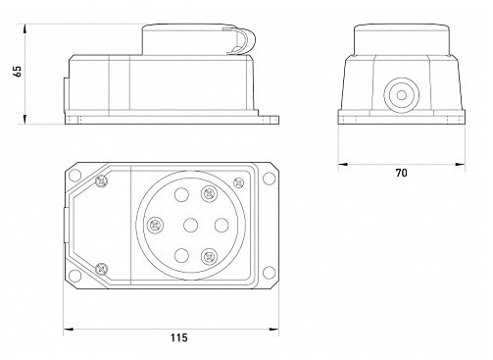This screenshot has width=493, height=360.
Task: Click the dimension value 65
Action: [18, 72]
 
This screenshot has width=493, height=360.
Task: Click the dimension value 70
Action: [402, 173]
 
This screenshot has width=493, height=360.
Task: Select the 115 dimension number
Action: [179, 337]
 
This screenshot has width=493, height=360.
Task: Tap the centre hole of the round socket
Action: [190, 226]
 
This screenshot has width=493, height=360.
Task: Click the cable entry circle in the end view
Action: [402, 95]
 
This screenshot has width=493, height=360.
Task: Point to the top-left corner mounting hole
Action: [74, 176]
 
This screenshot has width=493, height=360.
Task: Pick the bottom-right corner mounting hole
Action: [270, 273]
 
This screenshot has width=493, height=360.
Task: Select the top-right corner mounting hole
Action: [270, 179]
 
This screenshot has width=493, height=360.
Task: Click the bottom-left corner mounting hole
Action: [74, 276]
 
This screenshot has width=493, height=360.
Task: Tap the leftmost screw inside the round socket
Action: [155, 226]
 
